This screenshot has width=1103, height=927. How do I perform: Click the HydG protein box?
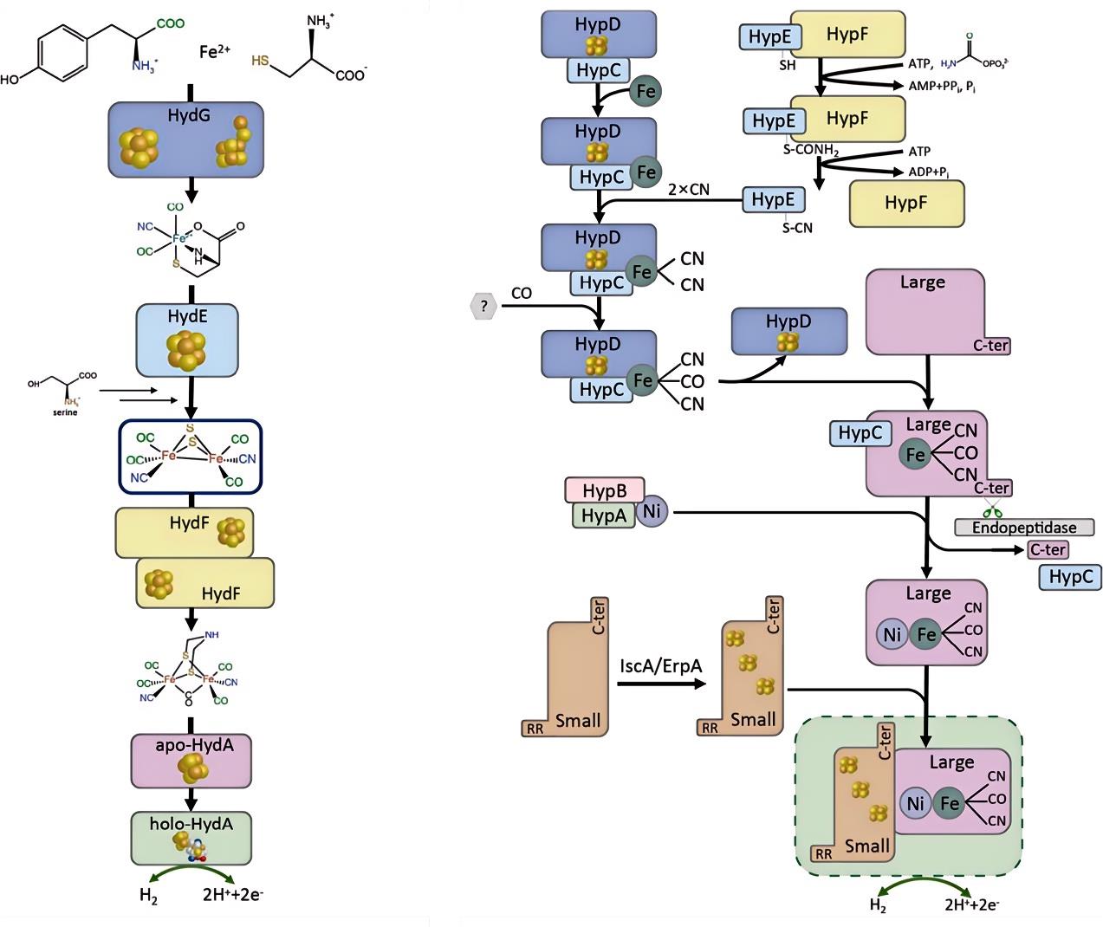(x=185, y=139)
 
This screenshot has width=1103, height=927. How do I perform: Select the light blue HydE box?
(x=187, y=340)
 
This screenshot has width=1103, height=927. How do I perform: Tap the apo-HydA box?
(x=191, y=761)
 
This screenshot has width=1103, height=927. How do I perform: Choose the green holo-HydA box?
(x=191, y=837)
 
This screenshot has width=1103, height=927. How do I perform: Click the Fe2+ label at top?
(x=214, y=51)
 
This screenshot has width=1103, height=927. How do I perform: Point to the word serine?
(x=65, y=412)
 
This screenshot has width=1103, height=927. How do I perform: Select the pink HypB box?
(x=604, y=490)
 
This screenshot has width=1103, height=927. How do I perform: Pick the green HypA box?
(x=603, y=515)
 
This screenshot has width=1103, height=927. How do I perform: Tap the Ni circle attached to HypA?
(x=652, y=511)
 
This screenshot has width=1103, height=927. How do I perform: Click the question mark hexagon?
(x=483, y=306)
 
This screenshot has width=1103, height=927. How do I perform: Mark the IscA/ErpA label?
(x=660, y=665)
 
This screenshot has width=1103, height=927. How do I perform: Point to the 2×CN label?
(x=689, y=189)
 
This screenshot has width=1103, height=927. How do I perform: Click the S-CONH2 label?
(x=811, y=150)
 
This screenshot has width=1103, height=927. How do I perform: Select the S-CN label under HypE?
(x=797, y=228)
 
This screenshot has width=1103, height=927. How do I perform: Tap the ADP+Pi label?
(x=929, y=172)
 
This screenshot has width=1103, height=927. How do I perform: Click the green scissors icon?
(x=991, y=511)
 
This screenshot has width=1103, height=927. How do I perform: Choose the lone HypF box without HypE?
(x=906, y=203)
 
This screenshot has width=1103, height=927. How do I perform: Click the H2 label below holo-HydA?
(x=148, y=896)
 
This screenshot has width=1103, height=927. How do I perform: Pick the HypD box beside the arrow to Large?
(x=788, y=331)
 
